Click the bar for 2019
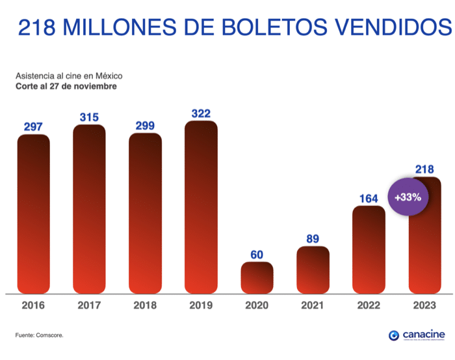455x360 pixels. tap(201, 207)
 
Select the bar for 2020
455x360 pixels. tap(257, 277)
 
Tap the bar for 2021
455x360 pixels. tap(313, 270)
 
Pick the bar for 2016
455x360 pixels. tap(33, 213)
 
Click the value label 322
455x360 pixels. tap(201, 114)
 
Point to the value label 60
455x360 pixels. tap(257, 254)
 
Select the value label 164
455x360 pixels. tap(369, 198)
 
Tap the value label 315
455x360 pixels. tap(89, 118)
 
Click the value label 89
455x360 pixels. tap(313, 238)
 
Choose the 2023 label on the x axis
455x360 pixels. tap(424, 305)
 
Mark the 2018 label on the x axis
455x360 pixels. tap(145, 305)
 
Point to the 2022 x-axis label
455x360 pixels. tap(369, 305)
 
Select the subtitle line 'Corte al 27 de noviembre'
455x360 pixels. tap(66, 86)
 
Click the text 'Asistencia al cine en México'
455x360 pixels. tap(69, 76)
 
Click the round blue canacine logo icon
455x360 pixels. tap(393, 335)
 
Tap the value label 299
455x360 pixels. tap(145, 125)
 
